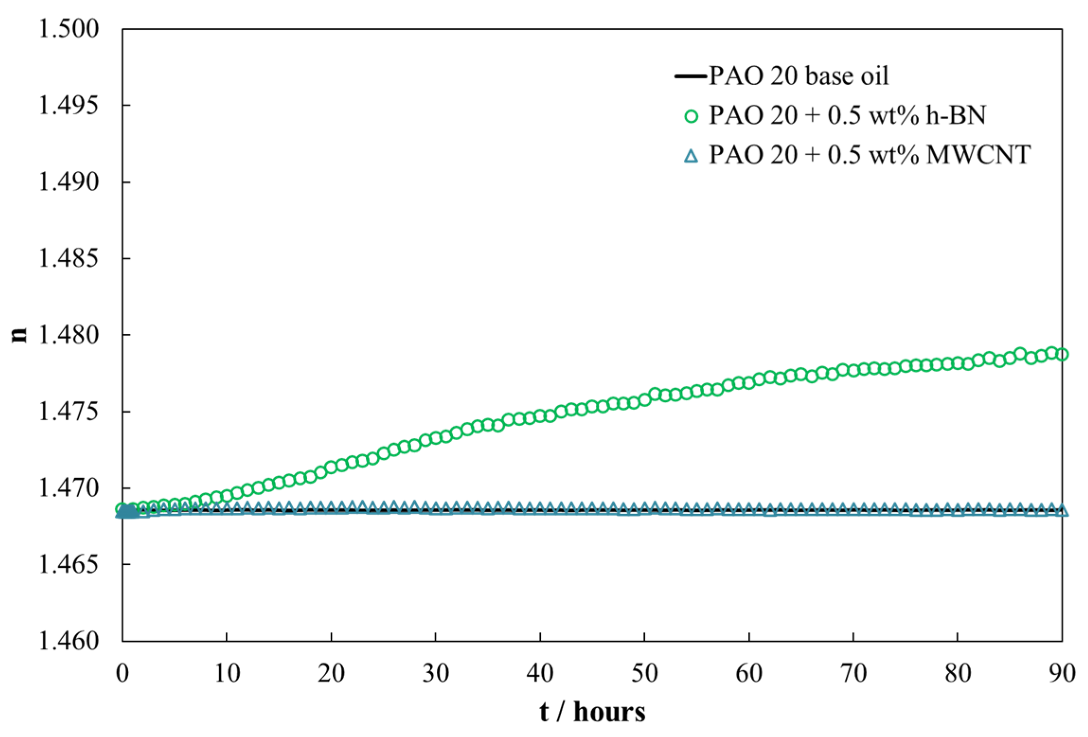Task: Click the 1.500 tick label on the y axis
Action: (x=69, y=29)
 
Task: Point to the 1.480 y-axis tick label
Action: (x=69, y=335)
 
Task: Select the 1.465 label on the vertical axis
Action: (x=69, y=565)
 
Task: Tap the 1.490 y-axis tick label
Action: (x=69, y=182)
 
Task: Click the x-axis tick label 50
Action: (x=644, y=673)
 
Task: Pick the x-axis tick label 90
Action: (x=1061, y=673)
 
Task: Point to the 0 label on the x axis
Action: (x=123, y=673)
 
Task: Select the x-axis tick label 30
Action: (x=435, y=673)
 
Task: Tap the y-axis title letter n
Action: (x=19, y=335)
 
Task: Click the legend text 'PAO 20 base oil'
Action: (x=798, y=76)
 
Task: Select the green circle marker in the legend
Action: (x=691, y=116)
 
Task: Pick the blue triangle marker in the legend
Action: (x=691, y=156)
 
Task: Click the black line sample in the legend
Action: (x=690, y=76)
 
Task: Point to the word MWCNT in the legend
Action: (x=978, y=155)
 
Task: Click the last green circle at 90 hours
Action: (x=1061, y=355)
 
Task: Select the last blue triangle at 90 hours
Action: (x=1061, y=510)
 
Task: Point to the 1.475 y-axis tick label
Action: (x=69, y=412)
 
